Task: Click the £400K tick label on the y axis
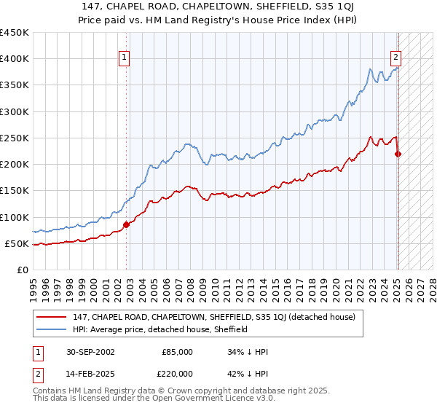(x=15, y=59)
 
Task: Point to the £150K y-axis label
(x=15, y=191)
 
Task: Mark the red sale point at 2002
(x=127, y=224)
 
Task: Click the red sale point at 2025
(x=398, y=154)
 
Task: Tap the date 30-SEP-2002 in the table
(x=90, y=351)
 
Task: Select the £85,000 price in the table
(x=177, y=351)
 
